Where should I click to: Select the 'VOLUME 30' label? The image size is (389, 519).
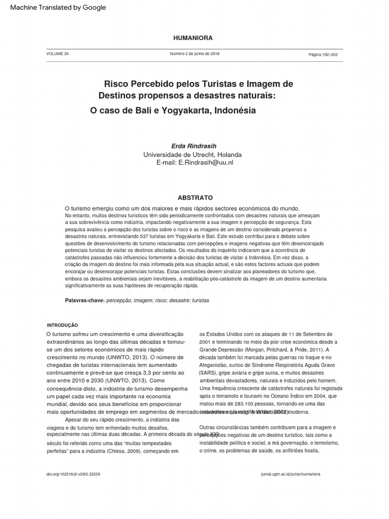[x=57, y=54]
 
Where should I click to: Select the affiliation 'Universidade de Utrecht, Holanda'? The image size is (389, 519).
[x=192, y=155]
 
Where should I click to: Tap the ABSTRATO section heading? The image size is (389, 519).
[x=195, y=198]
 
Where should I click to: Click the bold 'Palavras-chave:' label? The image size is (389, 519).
[x=85, y=301]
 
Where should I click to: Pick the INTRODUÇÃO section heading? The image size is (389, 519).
[x=62, y=325]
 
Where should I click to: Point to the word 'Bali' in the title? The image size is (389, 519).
[x=130, y=110]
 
